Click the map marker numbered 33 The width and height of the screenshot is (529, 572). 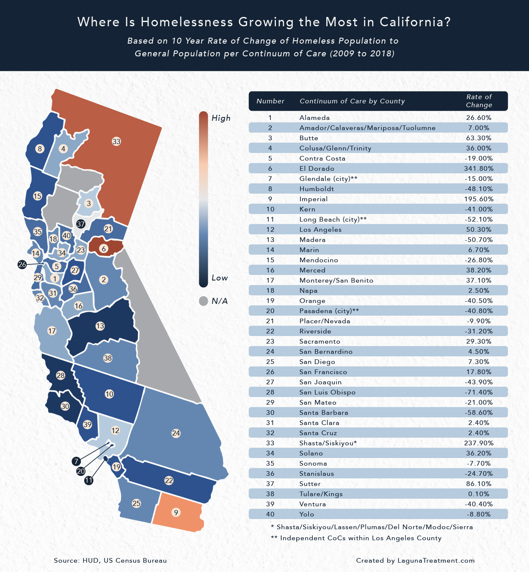(116, 142)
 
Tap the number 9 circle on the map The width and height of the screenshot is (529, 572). (176, 513)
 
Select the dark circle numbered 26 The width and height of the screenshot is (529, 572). (22, 264)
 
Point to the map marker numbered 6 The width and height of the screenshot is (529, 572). (104, 249)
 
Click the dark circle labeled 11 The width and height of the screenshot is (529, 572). (88, 480)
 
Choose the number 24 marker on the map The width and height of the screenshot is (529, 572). (176, 433)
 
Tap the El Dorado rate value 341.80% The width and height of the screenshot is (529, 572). (479, 169)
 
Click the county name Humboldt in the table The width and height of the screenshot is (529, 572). (317, 189)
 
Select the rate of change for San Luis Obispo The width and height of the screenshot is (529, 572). (479, 392)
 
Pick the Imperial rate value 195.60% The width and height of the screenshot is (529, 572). (479, 199)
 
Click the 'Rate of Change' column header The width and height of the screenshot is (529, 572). (479, 101)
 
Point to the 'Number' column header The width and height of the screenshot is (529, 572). (270, 101)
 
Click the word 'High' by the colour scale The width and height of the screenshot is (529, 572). (221, 118)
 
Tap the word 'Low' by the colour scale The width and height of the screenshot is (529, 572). (220, 278)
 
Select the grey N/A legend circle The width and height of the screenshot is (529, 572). (204, 301)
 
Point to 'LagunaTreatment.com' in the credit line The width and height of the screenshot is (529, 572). (436, 561)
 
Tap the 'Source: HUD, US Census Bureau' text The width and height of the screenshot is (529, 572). (110, 561)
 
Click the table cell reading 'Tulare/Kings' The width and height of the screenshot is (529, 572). (321, 494)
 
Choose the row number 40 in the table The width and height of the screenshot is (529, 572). (270, 514)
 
